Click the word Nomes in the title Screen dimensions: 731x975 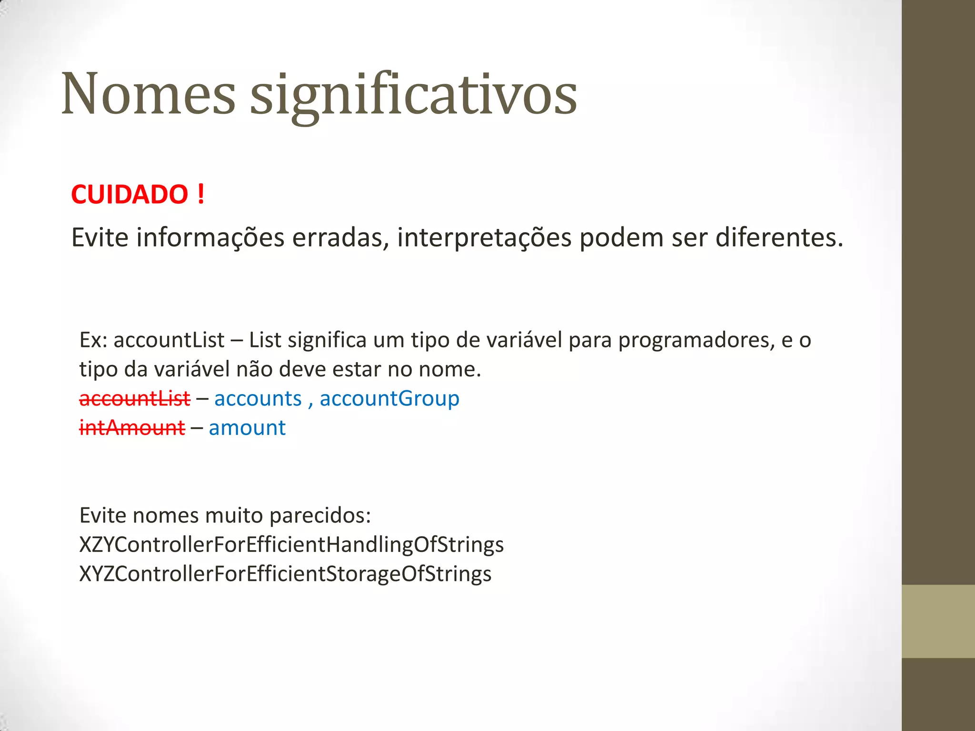(148, 94)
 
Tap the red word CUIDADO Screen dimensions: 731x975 (129, 195)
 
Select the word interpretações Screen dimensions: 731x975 (484, 237)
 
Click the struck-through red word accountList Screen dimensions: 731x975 (135, 398)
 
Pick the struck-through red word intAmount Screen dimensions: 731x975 (132, 427)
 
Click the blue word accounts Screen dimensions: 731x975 (258, 398)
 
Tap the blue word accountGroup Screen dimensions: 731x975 (389, 398)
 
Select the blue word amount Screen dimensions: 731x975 (247, 427)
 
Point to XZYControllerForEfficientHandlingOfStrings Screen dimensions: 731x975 (291, 544)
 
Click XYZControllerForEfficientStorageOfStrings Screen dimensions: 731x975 (285, 573)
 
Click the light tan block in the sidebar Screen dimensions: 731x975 (938, 621)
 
